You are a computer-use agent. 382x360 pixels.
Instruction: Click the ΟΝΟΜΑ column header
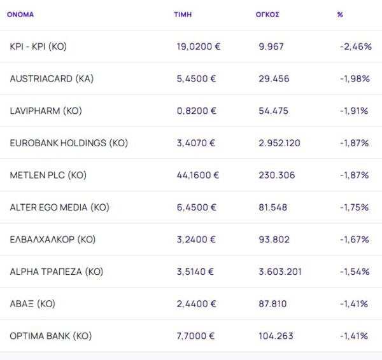(x=20, y=14)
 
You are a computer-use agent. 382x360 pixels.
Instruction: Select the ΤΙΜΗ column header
(x=182, y=14)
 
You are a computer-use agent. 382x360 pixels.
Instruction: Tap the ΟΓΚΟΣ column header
(x=267, y=14)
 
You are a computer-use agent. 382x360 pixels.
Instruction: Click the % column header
(x=340, y=14)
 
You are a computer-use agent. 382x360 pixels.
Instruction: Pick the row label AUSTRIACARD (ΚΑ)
(x=52, y=79)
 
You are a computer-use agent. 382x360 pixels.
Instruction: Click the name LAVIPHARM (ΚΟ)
(x=46, y=111)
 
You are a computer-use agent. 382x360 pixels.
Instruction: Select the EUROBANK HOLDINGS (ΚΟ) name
(x=69, y=143)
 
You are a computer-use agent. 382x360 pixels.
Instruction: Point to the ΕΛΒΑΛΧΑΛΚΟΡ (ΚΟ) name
(x=52, y=239)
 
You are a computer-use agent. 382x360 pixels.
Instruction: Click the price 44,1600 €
(x=198, y=175)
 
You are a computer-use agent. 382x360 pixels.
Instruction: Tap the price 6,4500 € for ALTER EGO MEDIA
(x=196, y=207)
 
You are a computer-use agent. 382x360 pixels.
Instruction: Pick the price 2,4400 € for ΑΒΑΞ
(x=196, y=304)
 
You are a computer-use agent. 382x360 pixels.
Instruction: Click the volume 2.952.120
(x=279, y=143)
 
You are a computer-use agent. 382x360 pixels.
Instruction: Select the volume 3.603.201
(x=279, y=272)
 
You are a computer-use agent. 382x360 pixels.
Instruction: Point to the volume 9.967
(x=271, y=46)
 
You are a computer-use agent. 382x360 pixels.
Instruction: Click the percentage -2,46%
(x=355, y=46)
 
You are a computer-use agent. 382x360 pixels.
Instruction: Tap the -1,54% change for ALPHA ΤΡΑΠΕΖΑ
(x=354, y=272)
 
